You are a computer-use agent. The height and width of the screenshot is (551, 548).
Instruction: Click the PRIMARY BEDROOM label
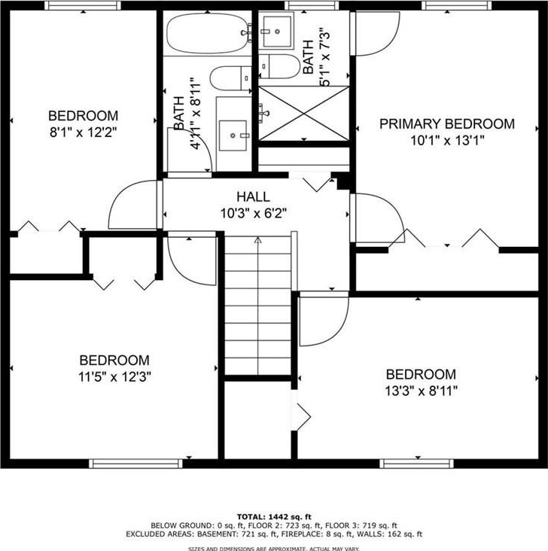pos(447,124)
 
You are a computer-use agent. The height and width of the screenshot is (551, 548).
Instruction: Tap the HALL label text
pos(253,196)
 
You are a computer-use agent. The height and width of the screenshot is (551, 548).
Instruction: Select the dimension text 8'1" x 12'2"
pos(83,132)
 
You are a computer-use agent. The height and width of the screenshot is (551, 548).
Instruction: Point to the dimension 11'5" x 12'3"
pos(114,377)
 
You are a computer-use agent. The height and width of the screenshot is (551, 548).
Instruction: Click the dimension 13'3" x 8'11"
pos(421,391)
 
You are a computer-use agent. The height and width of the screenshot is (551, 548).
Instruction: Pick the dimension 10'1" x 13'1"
pos(447,141)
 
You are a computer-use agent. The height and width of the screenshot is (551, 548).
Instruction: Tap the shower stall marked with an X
pos(304,113)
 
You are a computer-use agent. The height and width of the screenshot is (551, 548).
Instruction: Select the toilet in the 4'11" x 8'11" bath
pos(230,78)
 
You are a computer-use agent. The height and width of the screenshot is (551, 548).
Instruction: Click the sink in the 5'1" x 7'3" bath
pos(277,32)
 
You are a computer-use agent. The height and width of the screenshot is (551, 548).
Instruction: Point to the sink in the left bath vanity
pos(233,135)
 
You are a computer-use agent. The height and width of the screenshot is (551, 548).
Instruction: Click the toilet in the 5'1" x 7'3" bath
pos(280,66)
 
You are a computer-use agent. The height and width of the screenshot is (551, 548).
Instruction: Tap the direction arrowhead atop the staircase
pos(258,240)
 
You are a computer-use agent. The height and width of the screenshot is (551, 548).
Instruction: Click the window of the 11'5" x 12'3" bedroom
pos(135,464)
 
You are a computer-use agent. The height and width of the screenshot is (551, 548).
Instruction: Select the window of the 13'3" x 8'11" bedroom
pos(416,464)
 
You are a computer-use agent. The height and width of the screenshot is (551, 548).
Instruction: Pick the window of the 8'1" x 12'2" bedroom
pos(83,5)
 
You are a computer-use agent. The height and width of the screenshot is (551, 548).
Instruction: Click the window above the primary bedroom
pos(457,5)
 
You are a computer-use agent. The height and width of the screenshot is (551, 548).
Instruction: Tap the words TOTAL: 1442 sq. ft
pos(274,517)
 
